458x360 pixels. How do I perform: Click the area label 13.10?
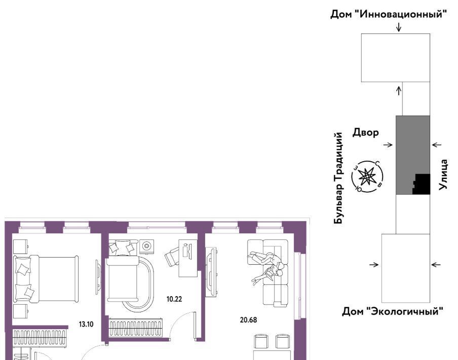[86, 324]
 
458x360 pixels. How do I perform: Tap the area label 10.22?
[174, 299]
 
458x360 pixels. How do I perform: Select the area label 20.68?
[248, 320]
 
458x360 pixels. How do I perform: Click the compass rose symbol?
[367, 177]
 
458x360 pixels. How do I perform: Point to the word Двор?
[365, 132]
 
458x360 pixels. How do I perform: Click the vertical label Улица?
[443, 174]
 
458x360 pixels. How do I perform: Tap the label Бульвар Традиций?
[338, 178]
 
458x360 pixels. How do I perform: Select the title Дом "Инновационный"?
[389, 14]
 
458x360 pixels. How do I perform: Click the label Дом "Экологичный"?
[393, 311]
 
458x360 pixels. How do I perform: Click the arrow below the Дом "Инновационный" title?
[399, 27]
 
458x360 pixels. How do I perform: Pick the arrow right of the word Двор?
[388, 145]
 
